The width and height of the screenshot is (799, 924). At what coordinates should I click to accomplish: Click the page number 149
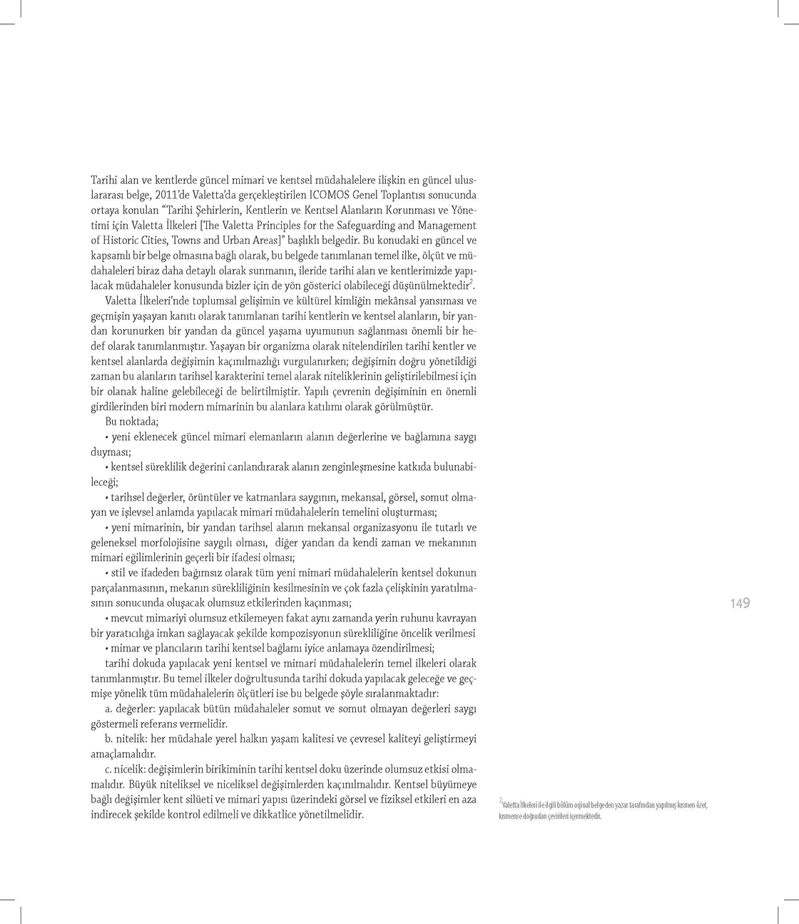[740, 604]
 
